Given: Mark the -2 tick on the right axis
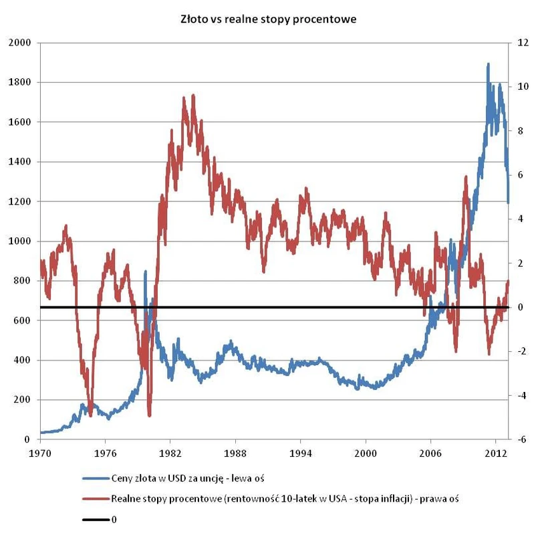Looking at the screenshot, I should tap(521, 351).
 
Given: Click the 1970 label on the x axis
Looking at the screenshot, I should tap(40, 451).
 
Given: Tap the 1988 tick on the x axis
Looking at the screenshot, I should tap(235, 451).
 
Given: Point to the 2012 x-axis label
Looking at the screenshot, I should tap(495, 451).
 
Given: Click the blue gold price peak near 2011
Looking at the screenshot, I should tap(488, 65).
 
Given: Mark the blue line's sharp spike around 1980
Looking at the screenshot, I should tap(145, 272).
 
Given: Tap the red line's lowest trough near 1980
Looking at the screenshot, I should tap(149, 415).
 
